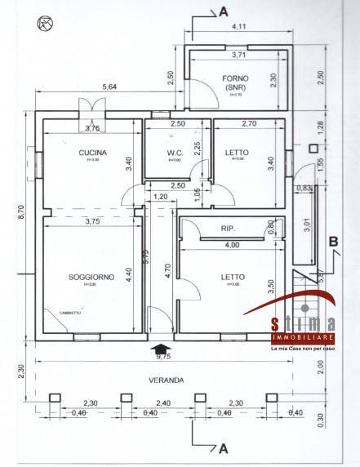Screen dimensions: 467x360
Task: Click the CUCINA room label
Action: pyautogui.click(x=89, y=153)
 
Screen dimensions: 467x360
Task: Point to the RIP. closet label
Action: pyautogui.click(x=229, y=229)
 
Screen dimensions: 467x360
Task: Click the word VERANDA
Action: pyautogui.click(x=165, y=380)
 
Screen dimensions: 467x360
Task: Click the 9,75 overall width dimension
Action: pyautogui.click(x=163, y=356)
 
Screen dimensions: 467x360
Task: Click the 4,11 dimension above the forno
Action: pyautogui.click(x=239, y=28)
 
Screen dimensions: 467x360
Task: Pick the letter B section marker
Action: pyautogui.click(x=333, y=241)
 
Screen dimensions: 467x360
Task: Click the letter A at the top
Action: pyautogui.click(x=222, y=11)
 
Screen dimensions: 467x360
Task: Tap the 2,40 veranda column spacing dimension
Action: pyautogui.click(x=163, y=403)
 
